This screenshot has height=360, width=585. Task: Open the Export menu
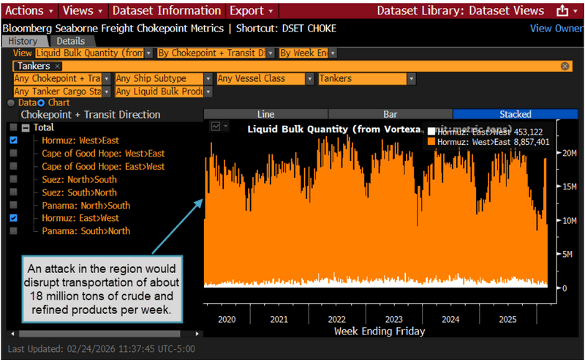251,10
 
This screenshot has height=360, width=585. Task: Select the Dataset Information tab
167,10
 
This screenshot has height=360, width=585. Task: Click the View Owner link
556,29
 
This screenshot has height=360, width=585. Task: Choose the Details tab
71,41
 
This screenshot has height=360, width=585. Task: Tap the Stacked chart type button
515,114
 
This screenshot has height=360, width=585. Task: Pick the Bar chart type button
390,114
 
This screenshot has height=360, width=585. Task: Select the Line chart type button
265,114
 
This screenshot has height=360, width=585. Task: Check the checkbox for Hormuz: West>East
14,140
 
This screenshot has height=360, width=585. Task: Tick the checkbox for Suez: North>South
14,179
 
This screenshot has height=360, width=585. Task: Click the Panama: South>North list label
86,231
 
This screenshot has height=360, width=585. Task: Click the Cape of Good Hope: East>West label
102,166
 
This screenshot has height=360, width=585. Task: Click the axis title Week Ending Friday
379,331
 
